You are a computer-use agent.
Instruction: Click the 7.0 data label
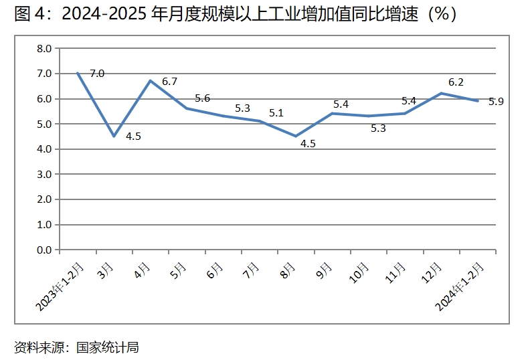coord(97,74)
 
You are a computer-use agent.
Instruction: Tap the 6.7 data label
coord(170,82)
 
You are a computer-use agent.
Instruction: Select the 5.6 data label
coord(202,98)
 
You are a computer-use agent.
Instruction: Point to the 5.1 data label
coord(276,113)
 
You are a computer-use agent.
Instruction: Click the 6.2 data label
coord(456,82)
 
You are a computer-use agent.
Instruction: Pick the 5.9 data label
coord(496,102)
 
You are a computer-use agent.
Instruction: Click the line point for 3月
coord(114,137)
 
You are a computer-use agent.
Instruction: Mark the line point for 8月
coord(296,137)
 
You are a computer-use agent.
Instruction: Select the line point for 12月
coord(441,94)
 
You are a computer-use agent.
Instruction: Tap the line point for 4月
coord(150,81)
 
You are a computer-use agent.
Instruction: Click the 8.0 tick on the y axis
coord(44,48)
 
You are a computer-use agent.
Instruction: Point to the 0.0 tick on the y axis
coord(44,250)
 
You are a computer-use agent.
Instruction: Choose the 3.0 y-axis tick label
coord(44,175)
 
